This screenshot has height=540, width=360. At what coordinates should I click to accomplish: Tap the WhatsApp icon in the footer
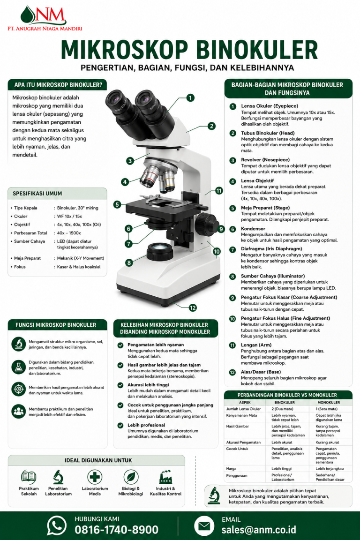pyautogui.click(x=57, y=525)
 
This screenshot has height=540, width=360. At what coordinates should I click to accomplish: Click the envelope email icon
pyautogui.click(x=204, y=526)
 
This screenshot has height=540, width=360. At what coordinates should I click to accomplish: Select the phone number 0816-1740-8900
pyautogui.click(x=116, y=530)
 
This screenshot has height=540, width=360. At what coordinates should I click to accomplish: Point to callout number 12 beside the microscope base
pyautogui.click(x=193, y=307)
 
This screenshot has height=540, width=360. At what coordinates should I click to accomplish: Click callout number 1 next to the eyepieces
pyautogui.click(x=190, y=98)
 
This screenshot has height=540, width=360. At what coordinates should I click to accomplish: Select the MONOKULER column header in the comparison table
pyautogui.click(x=329, y=402)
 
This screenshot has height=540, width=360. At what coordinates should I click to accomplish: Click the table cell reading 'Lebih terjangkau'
pyautogui.click(x=330, y=468)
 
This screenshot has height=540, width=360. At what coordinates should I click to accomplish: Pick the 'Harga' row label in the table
pyautogui.click(x=231, y=468)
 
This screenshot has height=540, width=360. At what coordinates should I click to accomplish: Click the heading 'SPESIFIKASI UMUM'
pyautogui.click(x=37, y=194)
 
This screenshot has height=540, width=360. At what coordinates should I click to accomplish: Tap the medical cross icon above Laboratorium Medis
pyautogui.click(x=95, y=477)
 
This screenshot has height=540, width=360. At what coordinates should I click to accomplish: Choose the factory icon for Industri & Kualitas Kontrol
pyautogui.click(x=165, y=477)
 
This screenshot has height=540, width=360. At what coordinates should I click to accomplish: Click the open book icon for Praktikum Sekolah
pyautogui.click(x=29, y=477)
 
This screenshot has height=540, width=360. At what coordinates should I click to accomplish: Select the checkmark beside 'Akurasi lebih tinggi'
pyautogui.click(x=120, y=385)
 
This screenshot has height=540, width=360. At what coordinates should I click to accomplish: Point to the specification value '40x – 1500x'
pyautogui.click(x=69, y=233)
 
